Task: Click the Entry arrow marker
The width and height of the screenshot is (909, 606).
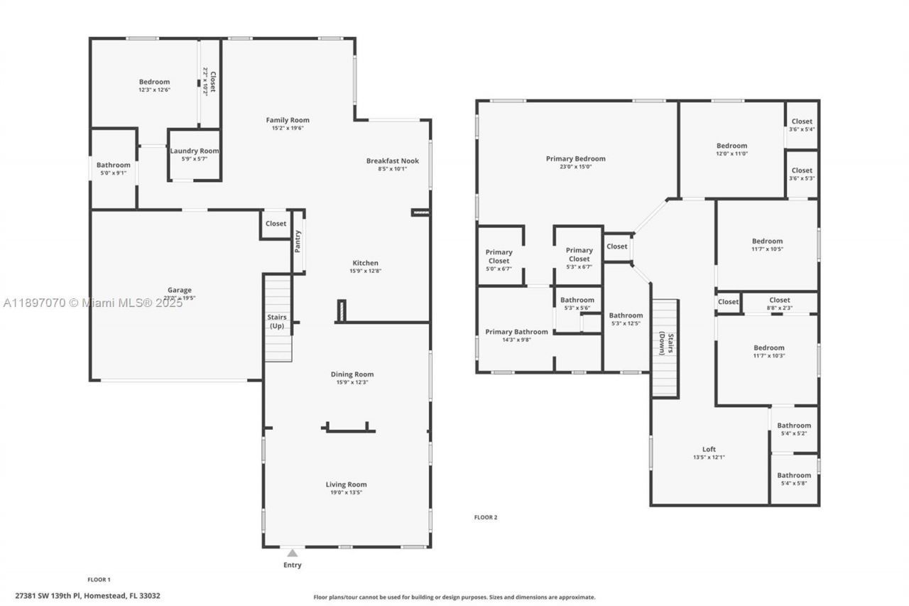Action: pyautogui.click(x=292, y=553)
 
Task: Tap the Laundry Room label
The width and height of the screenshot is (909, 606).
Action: pyautogui.click(x=195, y=151)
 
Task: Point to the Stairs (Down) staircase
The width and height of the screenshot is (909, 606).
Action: pyautogui.click(x=665, y=348)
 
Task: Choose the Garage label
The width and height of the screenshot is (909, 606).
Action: pyautogui.click(x=180, y=290)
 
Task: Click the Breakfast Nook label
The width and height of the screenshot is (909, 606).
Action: pyautogui.click(x=392, y=161)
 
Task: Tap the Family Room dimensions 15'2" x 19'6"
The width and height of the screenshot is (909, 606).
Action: pyautogui.click(x=288, y=129)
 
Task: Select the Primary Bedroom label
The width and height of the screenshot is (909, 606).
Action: pyautogui.click(x=575, y=158)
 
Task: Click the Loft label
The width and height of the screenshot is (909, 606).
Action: pyautogui.click(x=709, y=449)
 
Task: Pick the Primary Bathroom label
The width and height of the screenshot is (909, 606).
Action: pyautogui.click(x=516, y=332)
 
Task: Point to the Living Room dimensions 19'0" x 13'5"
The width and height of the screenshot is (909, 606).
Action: pyautogui.click(x=346, y=492)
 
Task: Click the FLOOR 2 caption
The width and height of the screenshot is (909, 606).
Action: pyautogui.click(x=486, y=517)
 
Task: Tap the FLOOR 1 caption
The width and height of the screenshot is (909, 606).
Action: pyautogui.click(x=99, y=580)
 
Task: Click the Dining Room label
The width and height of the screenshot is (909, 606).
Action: pyautogui.click(x=352, y=374)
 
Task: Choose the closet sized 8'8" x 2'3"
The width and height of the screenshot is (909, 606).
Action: pyautogui.click(x=779, y=304)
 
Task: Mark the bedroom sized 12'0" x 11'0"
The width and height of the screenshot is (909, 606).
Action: pyautogui.click(x=731, y=149)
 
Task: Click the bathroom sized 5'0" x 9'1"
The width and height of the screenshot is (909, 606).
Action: pyautogui.click(x=114, y=168)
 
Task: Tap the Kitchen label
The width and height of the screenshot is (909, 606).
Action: pyautogui.click(x=366, y=263)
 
